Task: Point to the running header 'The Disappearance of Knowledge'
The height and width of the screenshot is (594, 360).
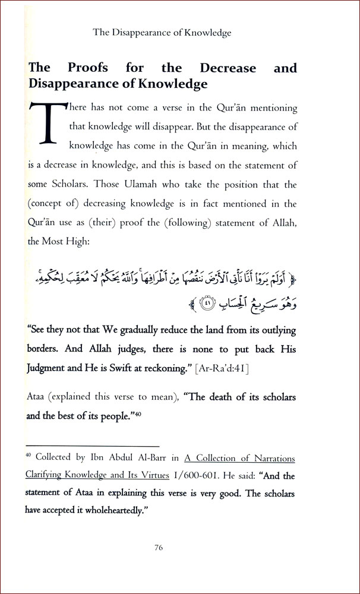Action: pyautogui.click(x=162, y=33)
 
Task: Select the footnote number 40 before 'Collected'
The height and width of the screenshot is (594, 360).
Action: pyautogui.click(x=30, y=456)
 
